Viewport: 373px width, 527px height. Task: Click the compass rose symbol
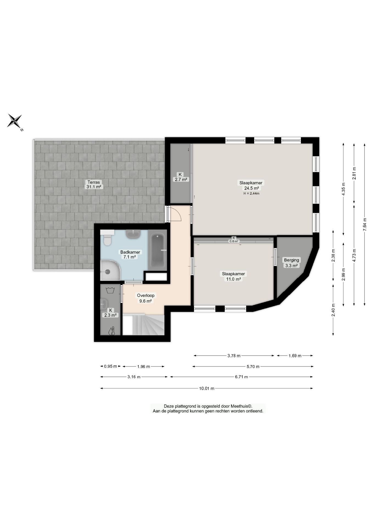coord(15,120)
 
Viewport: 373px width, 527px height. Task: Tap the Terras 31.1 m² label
coord(94,184)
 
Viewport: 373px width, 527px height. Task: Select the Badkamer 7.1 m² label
coord(130,254)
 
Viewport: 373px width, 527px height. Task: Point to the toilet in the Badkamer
coord(107,239)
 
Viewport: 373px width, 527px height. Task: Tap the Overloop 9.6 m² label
coord(146,298)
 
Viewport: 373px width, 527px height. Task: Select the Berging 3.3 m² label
coord(291,263)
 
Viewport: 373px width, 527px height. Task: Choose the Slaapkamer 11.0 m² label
coord(233,276)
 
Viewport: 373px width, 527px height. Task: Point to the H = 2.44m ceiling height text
coord(251,193)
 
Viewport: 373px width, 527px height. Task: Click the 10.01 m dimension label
coord(207,388)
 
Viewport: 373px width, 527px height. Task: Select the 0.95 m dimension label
coord(110,366)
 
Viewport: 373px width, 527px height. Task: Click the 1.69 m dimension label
coord(295,356)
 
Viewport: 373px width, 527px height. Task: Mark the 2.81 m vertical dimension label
coord(354,173)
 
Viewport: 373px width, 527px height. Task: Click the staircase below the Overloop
coord(143,325)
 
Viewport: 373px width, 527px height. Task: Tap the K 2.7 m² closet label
coord(180,177)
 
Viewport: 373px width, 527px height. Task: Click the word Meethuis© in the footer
coord(241,406)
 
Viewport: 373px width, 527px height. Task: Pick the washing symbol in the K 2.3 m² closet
coord(110,290)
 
